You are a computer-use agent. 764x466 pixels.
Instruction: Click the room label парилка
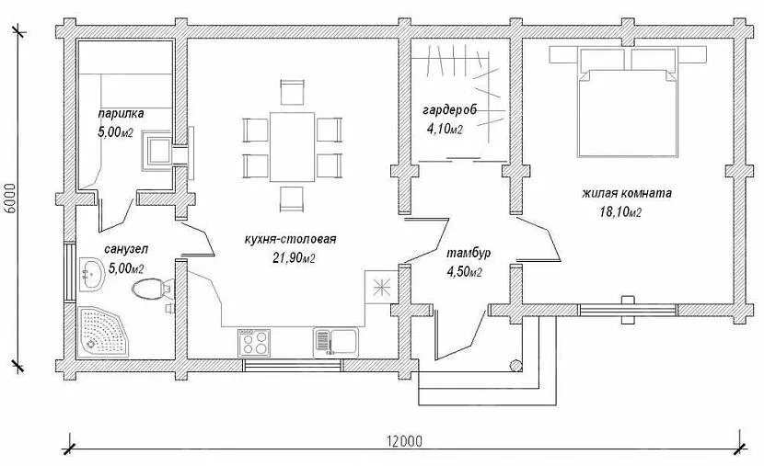click(121, 114)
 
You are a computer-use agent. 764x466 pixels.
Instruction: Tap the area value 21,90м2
click(294, 257)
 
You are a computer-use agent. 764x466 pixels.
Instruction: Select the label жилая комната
click(627, 193)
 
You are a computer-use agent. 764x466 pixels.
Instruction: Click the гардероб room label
click(450, 110)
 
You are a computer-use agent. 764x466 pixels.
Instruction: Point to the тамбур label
click(469, 254)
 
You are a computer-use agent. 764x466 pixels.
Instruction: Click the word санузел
click(126, 249)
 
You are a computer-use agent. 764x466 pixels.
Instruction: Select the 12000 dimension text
click(405, 441)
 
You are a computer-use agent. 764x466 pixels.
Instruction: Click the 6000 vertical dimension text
click(11, 199)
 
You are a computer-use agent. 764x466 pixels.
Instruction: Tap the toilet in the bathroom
click(152, 289)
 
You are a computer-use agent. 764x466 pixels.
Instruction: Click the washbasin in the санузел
click(91, 275)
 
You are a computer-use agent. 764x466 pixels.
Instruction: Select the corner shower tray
click(103, 332)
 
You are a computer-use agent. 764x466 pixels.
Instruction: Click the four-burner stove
click(254, 343)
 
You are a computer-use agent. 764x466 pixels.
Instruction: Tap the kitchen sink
click(336, 342)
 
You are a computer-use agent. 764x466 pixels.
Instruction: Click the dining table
click(293, 146)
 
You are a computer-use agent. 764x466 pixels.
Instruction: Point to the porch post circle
click(515, 365)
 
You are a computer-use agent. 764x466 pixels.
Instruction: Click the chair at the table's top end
click(293, 92)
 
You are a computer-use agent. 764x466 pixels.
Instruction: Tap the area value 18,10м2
click(619, 212)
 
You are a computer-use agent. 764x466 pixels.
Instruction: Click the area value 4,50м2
click(464, 272)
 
